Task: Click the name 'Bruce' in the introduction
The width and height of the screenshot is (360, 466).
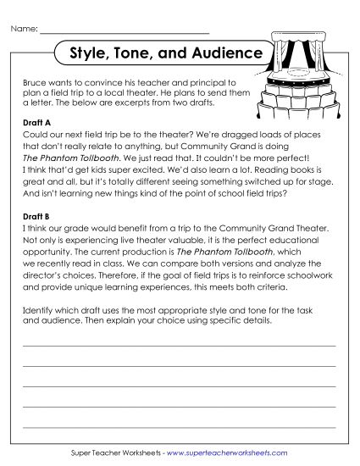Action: (x=36, y=75)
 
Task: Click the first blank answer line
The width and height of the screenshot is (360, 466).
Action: (x=179, y=346)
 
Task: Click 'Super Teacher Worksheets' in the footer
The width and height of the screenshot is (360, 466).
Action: (x=118, y=452)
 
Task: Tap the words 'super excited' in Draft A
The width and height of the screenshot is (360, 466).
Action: (x=113, y=180)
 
